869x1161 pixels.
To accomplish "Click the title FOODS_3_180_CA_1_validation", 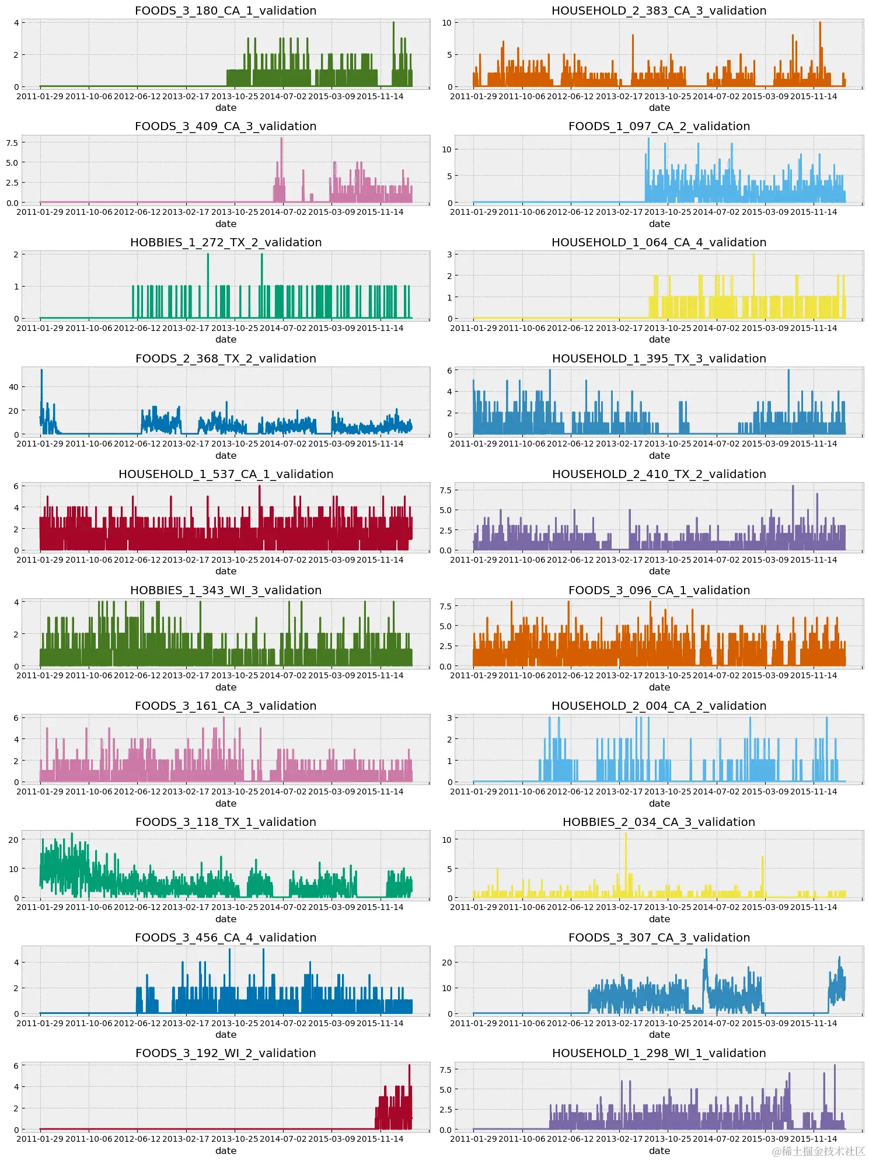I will [x=225, y=11].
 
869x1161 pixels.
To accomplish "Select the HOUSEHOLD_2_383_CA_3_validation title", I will [x=659, y=11].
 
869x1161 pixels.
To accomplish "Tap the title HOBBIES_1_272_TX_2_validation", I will [x=225, y=242].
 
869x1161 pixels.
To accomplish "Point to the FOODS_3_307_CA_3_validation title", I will [x=659, y=937].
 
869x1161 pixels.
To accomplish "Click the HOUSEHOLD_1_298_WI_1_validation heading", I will [x=659, y=1053].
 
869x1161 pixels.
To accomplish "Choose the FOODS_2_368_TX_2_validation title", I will [x=225, y=358].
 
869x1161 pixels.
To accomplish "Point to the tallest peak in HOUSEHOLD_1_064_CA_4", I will [x=753, y=255].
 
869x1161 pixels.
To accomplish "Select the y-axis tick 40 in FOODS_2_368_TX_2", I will [x=13, y=386].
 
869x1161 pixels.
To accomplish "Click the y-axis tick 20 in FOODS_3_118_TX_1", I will [x=13, y=839].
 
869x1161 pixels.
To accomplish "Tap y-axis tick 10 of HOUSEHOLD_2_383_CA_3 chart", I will [x=446, y=23].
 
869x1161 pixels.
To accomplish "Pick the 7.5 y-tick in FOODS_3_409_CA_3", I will [x=12, y=142].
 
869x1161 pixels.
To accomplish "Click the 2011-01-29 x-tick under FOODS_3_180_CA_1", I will [x=40, y=96].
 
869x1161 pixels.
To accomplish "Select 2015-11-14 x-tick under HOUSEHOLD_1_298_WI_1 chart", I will [x=813, y=1139].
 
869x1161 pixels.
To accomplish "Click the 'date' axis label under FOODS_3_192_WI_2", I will [x=225, y=1150].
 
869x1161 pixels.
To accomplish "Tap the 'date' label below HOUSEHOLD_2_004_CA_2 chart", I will [x=659, y=803].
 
